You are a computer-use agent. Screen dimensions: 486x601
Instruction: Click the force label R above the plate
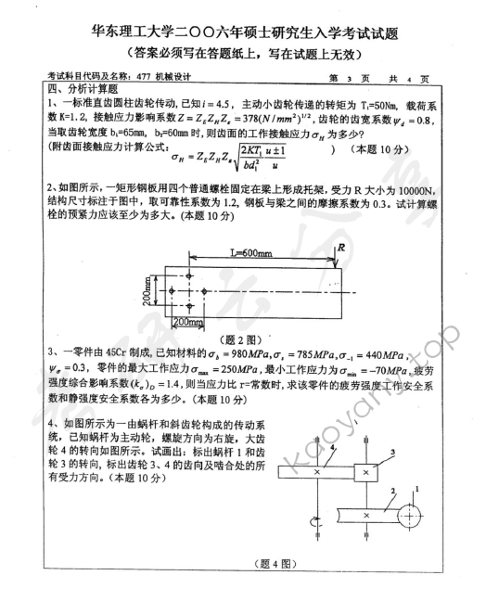point(342,248)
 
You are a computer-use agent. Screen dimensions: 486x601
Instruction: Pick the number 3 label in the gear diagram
point(393,453)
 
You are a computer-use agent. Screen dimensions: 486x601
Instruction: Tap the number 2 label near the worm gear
point(392,492)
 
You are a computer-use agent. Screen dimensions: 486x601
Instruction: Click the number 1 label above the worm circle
point(416,489)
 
